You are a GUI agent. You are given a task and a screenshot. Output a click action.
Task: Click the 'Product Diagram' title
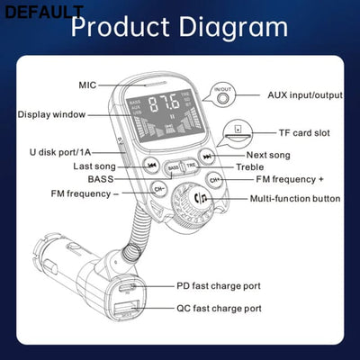point(179,26)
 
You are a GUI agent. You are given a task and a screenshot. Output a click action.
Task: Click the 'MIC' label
point(87,85)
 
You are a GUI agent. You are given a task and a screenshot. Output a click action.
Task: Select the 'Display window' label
point(52,114)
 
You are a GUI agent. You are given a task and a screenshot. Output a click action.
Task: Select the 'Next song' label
point(269,156)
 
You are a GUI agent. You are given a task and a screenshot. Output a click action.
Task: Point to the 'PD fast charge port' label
point(219,286)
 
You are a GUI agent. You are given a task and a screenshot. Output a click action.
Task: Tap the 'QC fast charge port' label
point(219,309)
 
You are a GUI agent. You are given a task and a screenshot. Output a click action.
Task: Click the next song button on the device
point(208,157)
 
